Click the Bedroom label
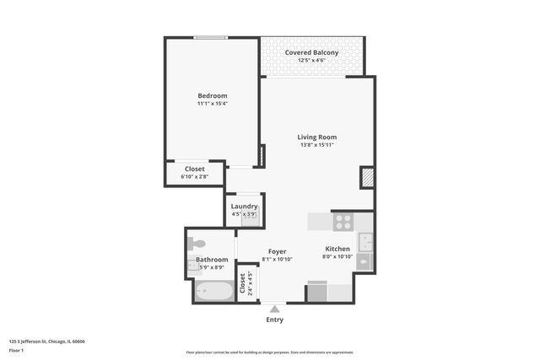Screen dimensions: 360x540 (x=212, y=96)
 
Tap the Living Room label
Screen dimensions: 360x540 (x=316, y=137)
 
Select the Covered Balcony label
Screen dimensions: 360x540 (x=311, y=52)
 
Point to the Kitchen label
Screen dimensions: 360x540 (x=338, y=249)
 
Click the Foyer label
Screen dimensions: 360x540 (x=277, y=251)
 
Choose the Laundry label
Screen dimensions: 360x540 (x=244, y=207)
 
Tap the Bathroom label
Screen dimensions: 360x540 (x=212, y=260)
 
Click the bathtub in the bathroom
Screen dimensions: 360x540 (x=213, y=291)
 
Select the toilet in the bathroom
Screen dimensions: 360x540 (x=197, y=244)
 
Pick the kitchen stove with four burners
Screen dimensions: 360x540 (x=343, y=222)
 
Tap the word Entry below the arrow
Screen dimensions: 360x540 (x=274, y=320)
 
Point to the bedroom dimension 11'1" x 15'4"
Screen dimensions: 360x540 (x=212, y=105)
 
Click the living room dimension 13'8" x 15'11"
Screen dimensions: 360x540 (x=316, y=145)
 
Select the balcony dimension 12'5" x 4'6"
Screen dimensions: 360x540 (x=311, y=61)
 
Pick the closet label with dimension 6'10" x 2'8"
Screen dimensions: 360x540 (x=194, y=169)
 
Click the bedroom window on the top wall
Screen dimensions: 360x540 (x=210, y=37)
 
